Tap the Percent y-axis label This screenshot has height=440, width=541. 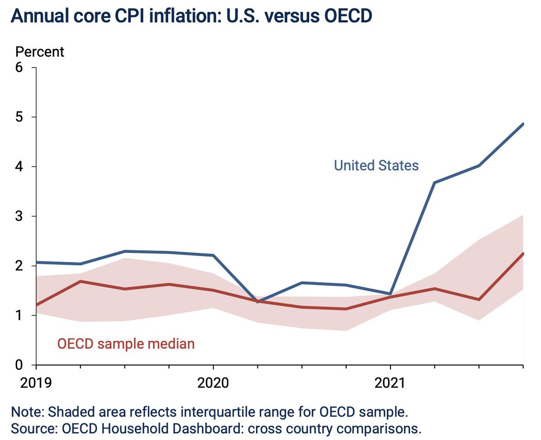tap(40, 52)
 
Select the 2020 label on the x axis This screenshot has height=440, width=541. tap(213, 383)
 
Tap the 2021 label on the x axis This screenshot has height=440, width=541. tap(390, 383)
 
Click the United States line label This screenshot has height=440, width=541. tap(376, 165)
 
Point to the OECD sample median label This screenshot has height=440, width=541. tap(126, 344)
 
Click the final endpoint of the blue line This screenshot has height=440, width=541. tap(523, 124)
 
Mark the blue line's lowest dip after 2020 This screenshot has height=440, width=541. tap(257, 302)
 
